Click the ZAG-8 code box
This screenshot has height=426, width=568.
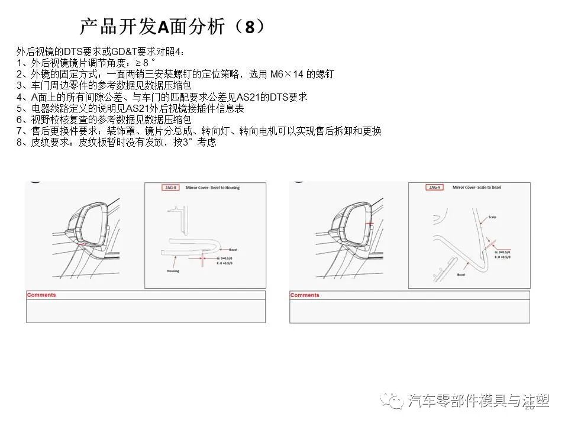(170, 188)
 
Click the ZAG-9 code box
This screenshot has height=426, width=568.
(434, 188)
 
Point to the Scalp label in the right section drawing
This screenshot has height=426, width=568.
(492, 217)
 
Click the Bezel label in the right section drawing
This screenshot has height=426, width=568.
(461, 275)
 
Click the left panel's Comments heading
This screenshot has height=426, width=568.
(41, 295)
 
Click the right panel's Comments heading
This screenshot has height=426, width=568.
(305, 295)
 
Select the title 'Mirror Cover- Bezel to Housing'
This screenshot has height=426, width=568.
(213, 188)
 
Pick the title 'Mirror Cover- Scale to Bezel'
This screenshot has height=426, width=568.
(477, 188)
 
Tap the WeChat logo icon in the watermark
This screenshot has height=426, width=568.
(393, 401)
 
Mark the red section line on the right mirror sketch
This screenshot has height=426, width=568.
(370, 223)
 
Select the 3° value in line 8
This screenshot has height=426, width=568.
(190, 143)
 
